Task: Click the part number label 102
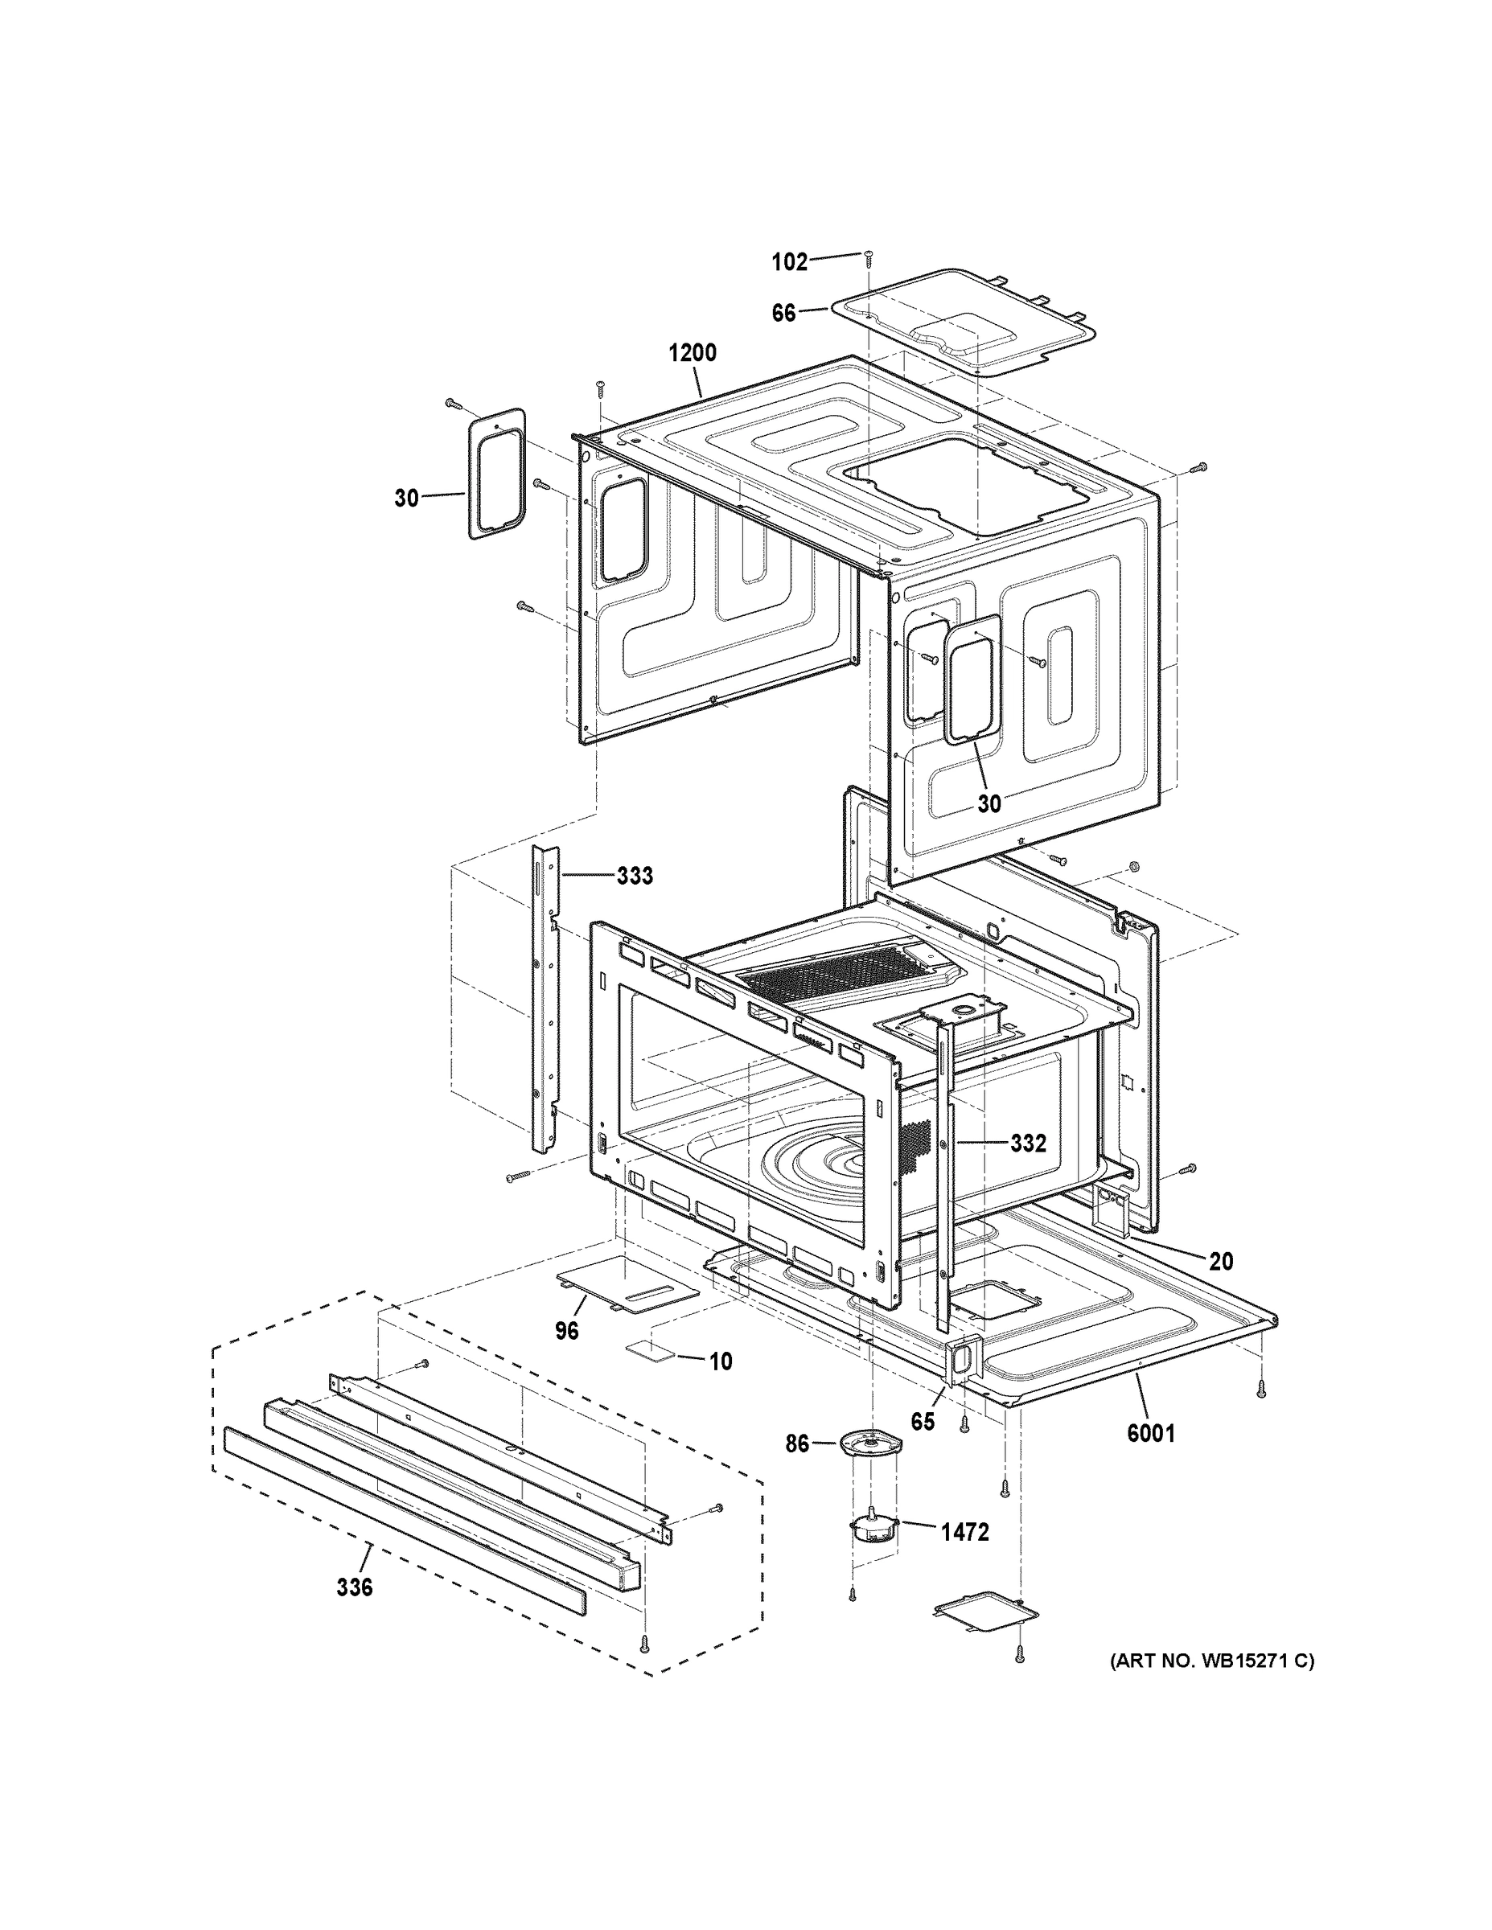tap(789, 261)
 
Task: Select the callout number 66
tap(784, 313)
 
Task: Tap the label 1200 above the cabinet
tap(692, 354)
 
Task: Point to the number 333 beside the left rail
tap(635, 876)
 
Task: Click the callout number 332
tap(1028, 1144)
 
